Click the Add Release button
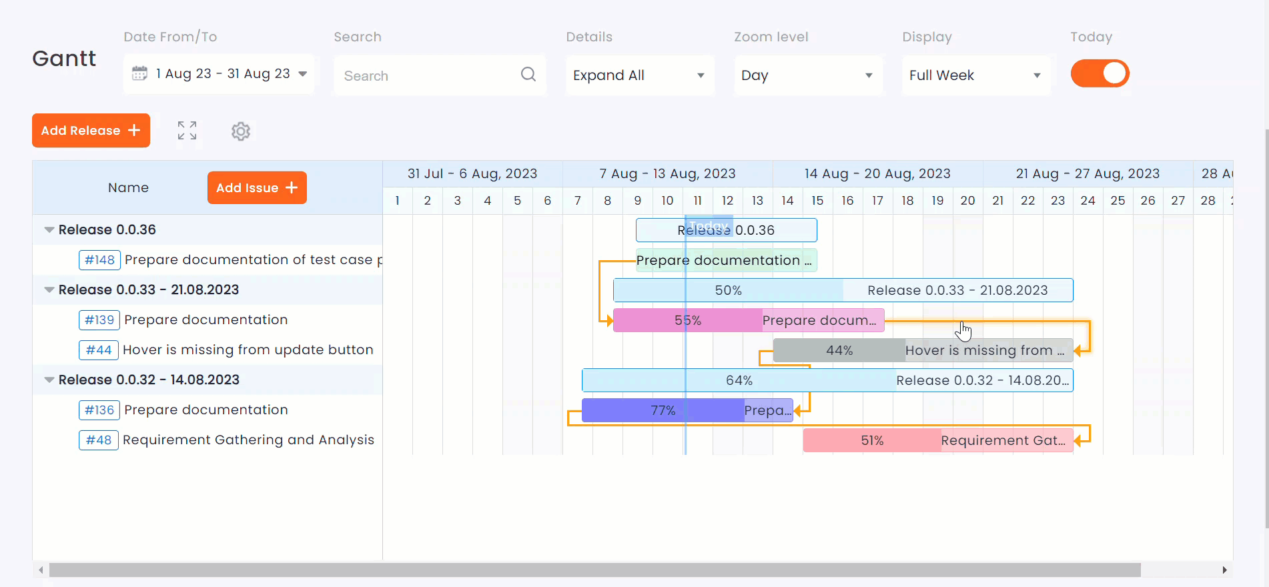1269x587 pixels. pos(91,130)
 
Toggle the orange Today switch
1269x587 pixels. pos(1100,73)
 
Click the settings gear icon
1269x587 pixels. pos(241,131)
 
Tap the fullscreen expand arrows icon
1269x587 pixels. pos(187,131)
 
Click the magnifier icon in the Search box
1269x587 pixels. pos(528,74)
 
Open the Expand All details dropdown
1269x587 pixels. pos(639,75)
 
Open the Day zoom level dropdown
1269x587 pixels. pos(807,75)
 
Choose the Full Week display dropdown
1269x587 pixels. pos(975,75)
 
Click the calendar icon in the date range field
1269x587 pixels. pos(139,73)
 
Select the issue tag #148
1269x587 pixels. pos(99,259)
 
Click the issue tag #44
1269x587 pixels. pos(99,350)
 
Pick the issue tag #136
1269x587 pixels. pos(99,410)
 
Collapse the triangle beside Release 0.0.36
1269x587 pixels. pos(49,229)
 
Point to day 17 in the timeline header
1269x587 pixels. pos(877,200)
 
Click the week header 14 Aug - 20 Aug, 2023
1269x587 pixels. pos(877,173)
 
